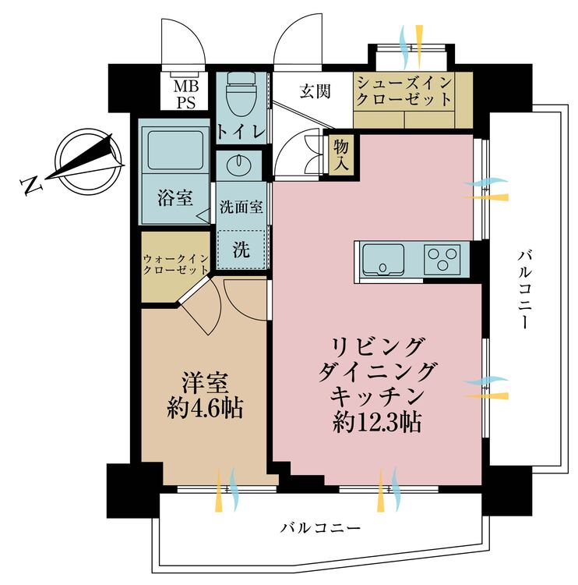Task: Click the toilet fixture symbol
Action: (241, 95)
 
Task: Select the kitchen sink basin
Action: (383, 259)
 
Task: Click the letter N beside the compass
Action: (30, 185)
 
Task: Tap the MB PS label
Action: (186, 94)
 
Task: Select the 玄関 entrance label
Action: (315, 90)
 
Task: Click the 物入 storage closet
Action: (341, 155)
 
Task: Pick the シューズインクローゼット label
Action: (404, 91)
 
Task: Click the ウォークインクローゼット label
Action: (175, 264)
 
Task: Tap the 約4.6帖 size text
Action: (206, 407)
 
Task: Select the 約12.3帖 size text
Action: (377, 422)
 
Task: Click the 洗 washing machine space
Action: (241, 250)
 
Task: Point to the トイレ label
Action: (241, 131)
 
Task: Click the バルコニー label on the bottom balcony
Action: (321, 528)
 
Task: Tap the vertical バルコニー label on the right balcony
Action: (524, 290)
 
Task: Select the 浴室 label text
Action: (175, 198)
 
